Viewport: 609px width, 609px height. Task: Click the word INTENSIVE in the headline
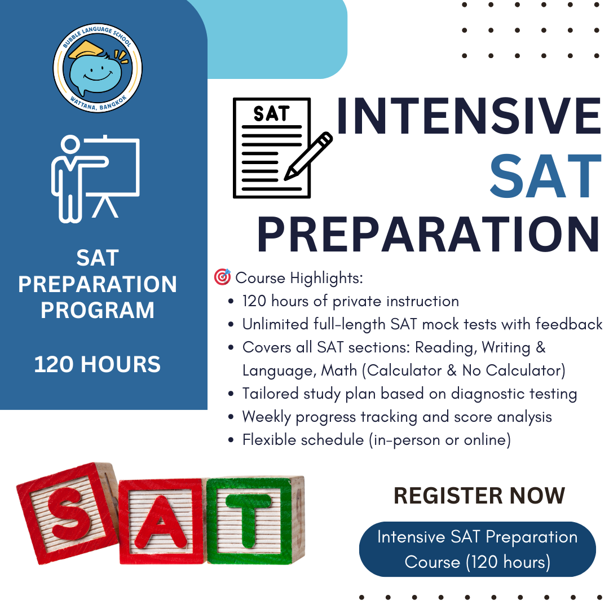(x=469, y=117)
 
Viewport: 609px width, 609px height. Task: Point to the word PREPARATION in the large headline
(x=429, y=235)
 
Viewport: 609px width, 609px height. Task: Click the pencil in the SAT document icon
(x=308, y=156)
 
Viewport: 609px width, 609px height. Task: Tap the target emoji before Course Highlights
(x=222, y=277)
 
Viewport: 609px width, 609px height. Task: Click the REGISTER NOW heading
(x=479, y=496)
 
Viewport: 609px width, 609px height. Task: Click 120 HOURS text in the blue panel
(x=98, y=365)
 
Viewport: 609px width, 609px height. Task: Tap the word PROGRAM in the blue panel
(x=98, y=310)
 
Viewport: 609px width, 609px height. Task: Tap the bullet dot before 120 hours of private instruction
(x=231, y=302)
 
